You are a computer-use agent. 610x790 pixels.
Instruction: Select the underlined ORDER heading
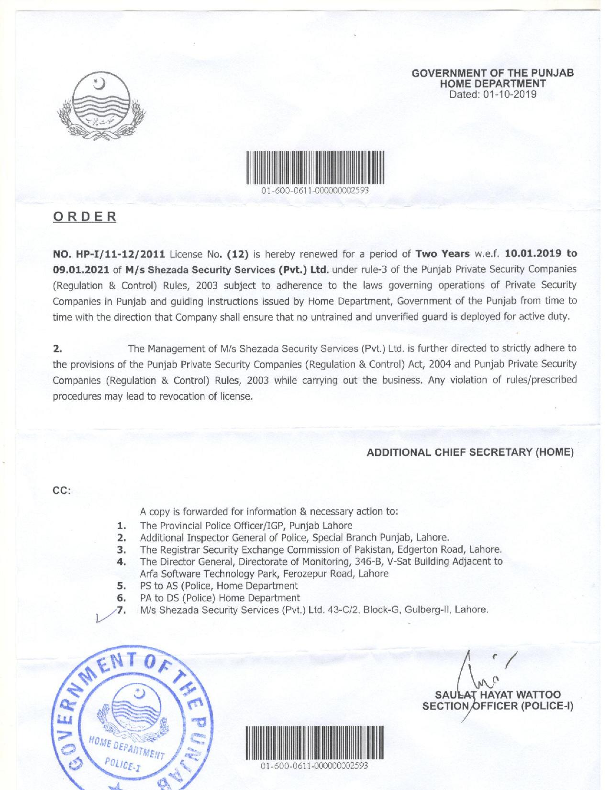pyautogui.click(x=84, y=216)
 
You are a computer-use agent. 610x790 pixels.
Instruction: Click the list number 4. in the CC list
pyautogui.click(x=121, y=561)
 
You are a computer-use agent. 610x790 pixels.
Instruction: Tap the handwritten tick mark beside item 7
pyautogui.click(x=104, y=614)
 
